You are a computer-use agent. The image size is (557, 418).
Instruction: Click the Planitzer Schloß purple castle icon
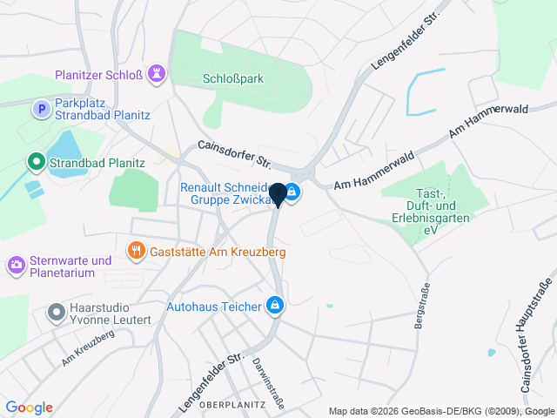pos(156,74)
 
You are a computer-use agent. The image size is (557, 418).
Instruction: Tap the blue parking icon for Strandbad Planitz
pos(39,109)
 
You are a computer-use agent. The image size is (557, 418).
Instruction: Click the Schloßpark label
pos(232,78)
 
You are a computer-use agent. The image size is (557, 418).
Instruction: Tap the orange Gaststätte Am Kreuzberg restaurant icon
pos(136,252)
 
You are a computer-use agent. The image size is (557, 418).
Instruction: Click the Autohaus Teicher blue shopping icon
pos(275,305)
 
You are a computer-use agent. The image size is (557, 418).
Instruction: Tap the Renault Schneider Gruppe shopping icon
pos(292,192)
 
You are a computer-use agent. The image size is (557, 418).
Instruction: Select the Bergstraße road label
pos(424,305)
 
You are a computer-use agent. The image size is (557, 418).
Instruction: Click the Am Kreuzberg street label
pos(87,348)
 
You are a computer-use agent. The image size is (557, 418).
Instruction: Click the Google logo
pos(29,408)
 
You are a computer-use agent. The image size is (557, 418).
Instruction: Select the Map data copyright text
pos(441,411)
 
